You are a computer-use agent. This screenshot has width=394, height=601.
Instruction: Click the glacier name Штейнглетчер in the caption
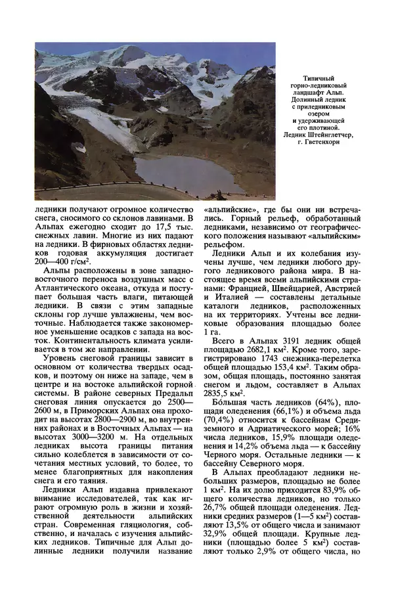pyautogui.click(x=335, y=135)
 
